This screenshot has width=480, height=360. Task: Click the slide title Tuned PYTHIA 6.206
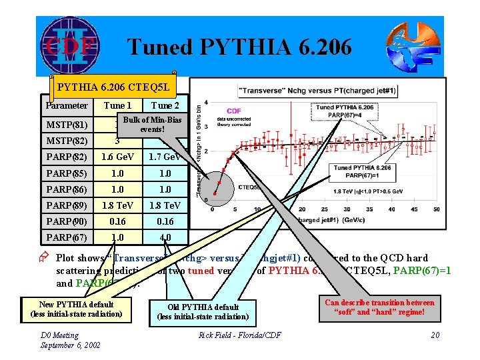click(239, 47)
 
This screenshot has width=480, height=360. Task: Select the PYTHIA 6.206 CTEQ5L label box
click(114, 87)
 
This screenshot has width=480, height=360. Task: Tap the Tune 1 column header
click(117, 105)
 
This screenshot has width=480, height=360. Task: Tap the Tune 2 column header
click(165, 105)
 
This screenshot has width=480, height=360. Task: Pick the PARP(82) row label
click(67, 157)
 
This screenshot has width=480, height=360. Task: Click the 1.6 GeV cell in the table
click(117, 157)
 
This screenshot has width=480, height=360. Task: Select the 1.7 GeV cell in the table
click(165, 157)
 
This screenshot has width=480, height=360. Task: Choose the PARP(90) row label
click(67, 221)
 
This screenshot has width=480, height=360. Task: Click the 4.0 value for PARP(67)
click(165, 237)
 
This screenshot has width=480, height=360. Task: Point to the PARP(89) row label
click(67, 205)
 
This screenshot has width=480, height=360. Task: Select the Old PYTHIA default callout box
click(203, 311)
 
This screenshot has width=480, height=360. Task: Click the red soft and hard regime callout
click(378, 307)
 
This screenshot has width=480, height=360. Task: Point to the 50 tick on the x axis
click(437, 209)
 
